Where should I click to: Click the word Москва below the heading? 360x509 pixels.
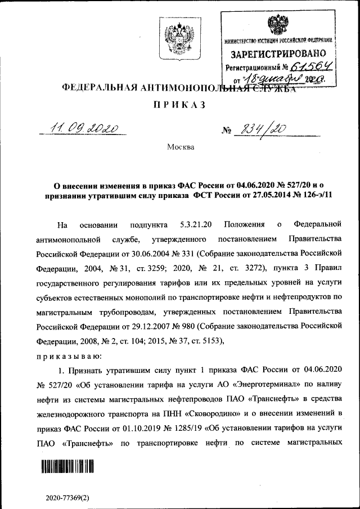pos(180,147)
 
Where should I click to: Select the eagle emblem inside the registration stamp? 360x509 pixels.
pos(277,26)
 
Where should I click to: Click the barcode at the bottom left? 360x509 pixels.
pos(67,466)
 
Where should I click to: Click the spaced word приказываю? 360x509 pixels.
pos(68,356)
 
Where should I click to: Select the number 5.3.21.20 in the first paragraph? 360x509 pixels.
pos(193,225)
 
